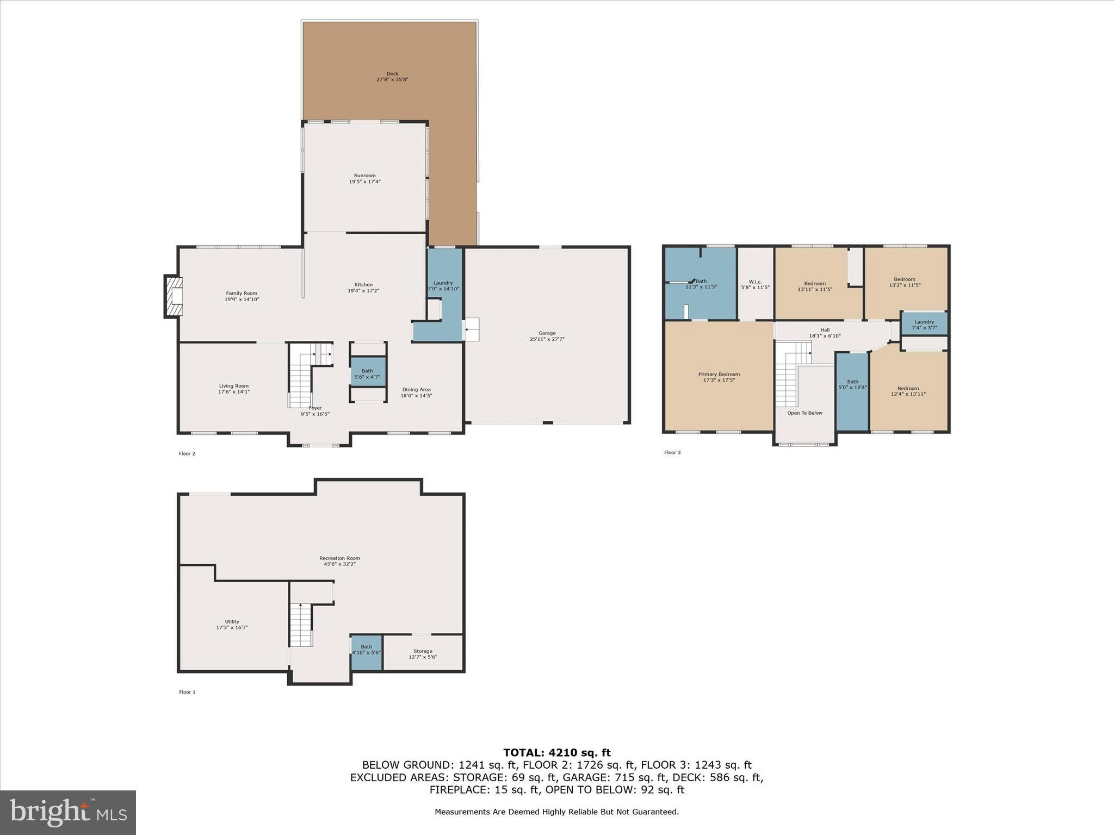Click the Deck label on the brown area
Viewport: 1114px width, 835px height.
(x=392, y=74)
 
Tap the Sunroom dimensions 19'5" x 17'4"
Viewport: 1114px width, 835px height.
(x=364, y=182)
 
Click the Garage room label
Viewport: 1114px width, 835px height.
(x=547, y=333)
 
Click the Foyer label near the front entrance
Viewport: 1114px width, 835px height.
(x=315, y=408)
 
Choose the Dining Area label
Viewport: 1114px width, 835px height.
(x=416, y=390)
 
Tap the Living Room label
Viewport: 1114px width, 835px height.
(x=234, y=386)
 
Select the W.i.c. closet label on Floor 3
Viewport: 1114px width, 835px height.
(x=755, y=282)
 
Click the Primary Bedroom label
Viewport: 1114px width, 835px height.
(x=719, y=374)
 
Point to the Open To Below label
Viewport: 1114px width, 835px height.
(x=804, y=413)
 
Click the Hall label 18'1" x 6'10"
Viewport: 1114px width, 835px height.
(x=825, y=330)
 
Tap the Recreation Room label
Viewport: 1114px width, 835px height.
(x=339, y=558)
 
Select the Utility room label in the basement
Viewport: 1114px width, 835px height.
(x=232, y=621)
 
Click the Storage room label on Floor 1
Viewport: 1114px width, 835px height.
(x=423, y=651)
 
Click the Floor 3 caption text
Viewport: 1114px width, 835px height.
(x=672, y=452)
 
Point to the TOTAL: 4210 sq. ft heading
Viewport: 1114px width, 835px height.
(x=556, y=753)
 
